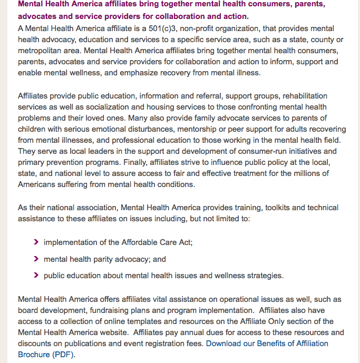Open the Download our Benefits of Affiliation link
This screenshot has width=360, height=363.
267,344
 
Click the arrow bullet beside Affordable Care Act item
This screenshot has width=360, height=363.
36,242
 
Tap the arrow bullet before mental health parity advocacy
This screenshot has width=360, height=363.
36,259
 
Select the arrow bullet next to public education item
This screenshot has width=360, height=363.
36,275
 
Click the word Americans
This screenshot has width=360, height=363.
37,184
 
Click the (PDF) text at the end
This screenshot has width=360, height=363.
64,355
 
